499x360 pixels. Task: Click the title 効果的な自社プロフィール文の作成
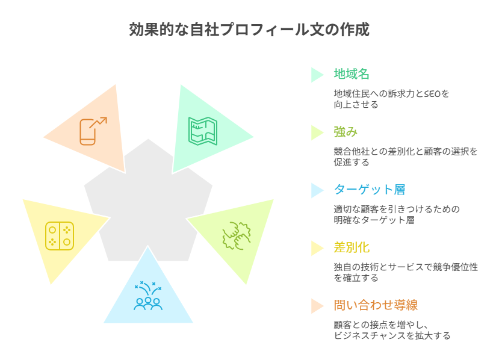[249, 30]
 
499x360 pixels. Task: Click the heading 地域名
[352, 74]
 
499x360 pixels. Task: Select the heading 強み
[346, 132]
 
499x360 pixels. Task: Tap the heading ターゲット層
[370, 190]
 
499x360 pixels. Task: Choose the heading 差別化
[352, 247]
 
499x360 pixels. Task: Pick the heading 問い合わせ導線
[375, 305]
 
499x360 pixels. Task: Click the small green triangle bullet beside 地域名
[317, 75]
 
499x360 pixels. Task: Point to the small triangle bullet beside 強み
[317, 132]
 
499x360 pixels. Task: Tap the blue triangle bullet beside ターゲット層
[317, 190]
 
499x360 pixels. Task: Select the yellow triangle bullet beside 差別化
[317, 248]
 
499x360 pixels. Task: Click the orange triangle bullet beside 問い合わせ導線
[317, 306]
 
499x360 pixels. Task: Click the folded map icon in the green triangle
[203, 131]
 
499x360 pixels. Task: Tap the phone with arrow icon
[92, 131]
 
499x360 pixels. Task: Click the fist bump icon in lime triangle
[236, 236]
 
